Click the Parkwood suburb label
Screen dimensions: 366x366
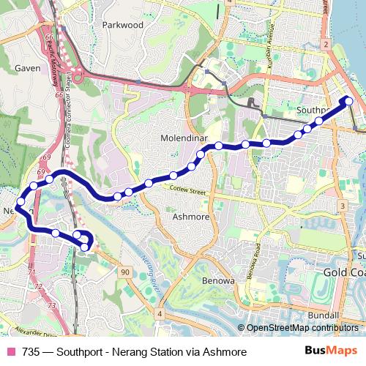124,24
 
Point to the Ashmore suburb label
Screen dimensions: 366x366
190,217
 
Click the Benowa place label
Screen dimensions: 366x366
217,281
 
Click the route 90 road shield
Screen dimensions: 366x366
125,272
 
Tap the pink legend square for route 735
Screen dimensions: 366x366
10,351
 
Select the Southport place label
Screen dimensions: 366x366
315,110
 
